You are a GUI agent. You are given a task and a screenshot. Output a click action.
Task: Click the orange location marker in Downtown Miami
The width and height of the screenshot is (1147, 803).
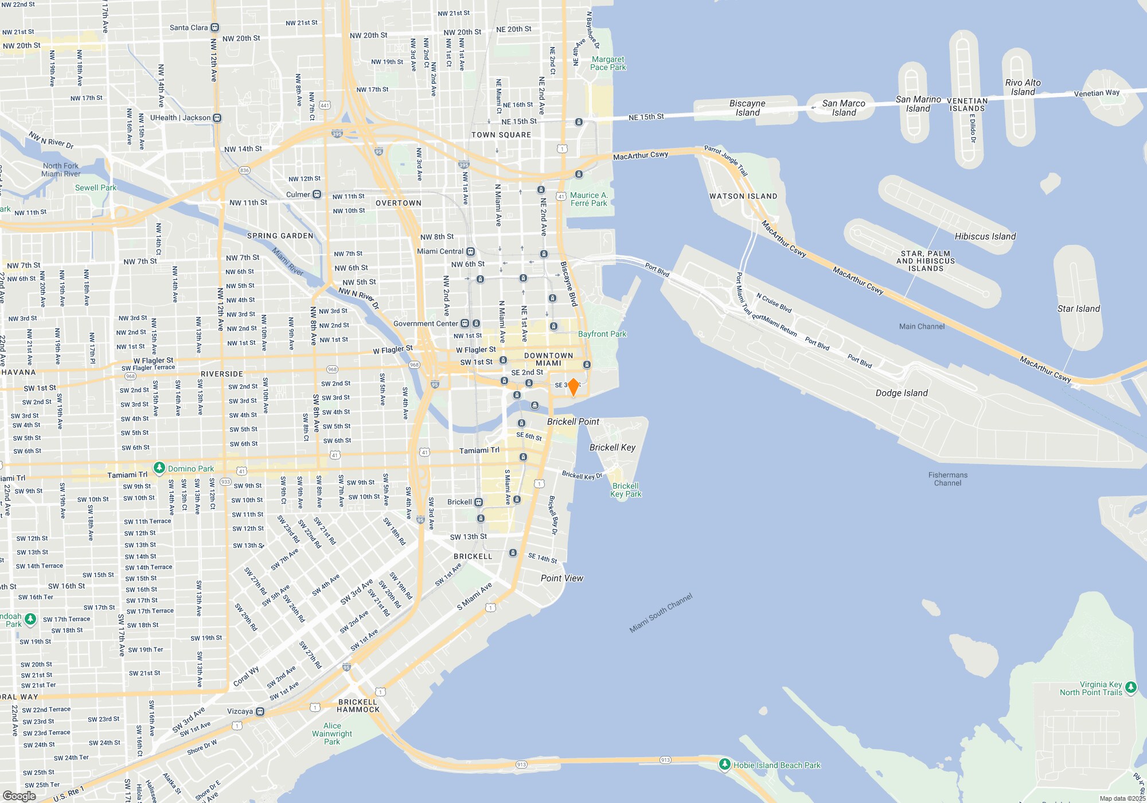click(573, 387)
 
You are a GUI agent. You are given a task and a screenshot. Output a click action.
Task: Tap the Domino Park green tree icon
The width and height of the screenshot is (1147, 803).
click(159, 468)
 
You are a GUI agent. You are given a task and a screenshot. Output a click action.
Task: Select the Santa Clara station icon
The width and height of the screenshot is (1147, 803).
click(215, 28)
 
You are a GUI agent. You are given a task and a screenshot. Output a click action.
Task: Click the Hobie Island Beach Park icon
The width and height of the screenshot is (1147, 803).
click(724, 764)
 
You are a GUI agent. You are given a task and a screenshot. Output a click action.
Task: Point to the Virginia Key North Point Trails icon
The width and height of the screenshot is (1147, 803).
click(1130, 687)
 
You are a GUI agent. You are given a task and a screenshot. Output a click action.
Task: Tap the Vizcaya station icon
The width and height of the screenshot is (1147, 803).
click(260, 711)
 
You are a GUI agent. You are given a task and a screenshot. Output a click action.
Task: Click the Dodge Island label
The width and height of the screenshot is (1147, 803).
click(901, 393)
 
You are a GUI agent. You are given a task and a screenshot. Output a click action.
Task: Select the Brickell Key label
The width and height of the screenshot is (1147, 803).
click(612, 447)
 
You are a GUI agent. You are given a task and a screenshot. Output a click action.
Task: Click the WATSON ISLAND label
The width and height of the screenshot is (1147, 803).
click(743, 196)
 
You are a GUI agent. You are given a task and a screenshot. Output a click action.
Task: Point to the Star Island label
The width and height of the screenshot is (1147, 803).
click(1078, 309)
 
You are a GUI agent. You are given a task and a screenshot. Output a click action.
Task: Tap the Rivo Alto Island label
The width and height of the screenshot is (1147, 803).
click(1023, 87)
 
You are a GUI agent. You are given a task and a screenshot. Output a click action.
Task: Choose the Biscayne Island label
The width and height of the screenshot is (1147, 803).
click(747, 108)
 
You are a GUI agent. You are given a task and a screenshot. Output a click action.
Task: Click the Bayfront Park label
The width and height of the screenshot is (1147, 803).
click(602, 334)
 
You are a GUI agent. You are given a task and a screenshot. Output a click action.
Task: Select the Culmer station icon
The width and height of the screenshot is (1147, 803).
click(317, 194)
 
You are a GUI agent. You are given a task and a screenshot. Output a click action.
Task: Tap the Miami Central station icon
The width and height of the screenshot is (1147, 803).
click(470, 251)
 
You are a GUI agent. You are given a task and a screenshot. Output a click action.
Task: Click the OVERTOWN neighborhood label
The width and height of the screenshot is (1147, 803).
click(398, 203)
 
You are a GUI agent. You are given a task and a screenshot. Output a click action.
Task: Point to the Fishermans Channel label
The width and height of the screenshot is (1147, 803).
click(947, 479)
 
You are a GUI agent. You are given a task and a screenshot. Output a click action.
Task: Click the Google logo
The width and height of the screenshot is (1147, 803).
click(19, 796)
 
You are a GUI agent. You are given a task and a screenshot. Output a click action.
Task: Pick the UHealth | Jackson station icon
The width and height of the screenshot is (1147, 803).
click(217, 118)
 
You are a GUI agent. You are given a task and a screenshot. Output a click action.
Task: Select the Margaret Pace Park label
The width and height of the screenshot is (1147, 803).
click(608, 63)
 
